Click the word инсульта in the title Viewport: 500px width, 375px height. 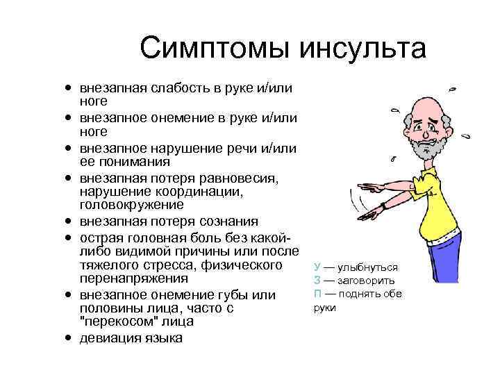tap(362, 49)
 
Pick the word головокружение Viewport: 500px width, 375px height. tap(131, 206)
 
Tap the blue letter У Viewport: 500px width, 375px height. tap(317, 267)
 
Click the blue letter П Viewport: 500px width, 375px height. tap(317, 294)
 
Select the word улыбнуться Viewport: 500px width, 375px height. tap(371, 267)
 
